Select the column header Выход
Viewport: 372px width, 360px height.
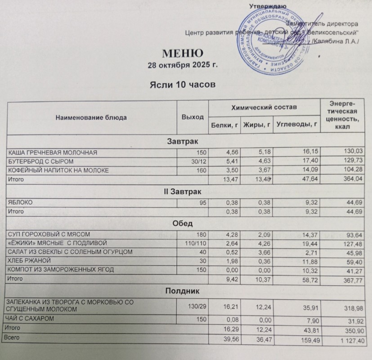[189, 117]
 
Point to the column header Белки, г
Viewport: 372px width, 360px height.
[224, 125]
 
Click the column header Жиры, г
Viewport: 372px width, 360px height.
[256, 125]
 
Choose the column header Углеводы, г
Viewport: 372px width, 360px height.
[296, 125]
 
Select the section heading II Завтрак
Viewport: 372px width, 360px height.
[186, 192]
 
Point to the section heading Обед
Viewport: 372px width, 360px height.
[186, 224]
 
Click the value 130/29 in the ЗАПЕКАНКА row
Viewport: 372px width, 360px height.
[197, 306]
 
